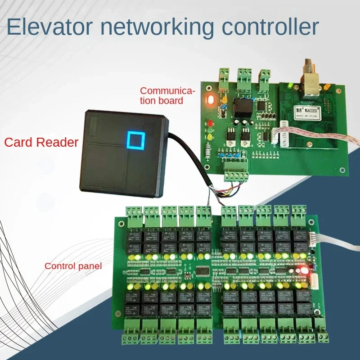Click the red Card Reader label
41,143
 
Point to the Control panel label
73,266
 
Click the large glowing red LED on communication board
210,100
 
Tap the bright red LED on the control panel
305,271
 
